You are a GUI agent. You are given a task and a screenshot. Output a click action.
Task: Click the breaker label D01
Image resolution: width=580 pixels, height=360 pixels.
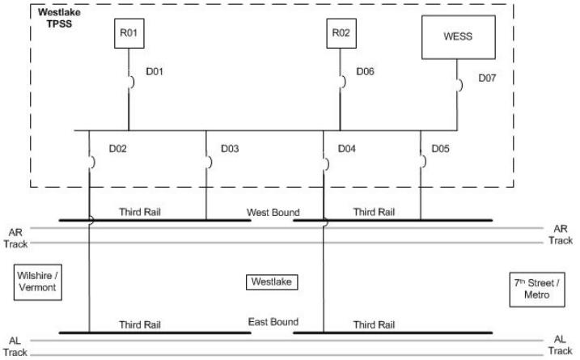(155, 72)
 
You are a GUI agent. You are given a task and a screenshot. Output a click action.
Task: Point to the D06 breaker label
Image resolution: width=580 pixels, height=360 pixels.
(366, 72)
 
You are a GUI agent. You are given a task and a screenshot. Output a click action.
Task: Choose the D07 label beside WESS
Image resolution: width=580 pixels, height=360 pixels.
(488, 78)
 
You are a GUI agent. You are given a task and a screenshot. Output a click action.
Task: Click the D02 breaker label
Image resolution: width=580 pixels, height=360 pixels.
(118, 150)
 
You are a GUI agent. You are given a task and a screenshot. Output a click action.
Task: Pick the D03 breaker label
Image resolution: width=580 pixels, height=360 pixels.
(230, 150)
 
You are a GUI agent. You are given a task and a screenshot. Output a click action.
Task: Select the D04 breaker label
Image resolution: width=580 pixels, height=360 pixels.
(348, 150)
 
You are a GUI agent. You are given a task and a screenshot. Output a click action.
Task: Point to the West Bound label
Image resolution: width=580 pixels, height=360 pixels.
(273, 213)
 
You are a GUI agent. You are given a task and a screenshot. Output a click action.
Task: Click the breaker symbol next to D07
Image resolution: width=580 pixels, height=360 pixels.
(460, 85)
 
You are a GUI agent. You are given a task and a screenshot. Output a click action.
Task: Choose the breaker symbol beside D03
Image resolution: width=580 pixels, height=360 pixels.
(208, 161)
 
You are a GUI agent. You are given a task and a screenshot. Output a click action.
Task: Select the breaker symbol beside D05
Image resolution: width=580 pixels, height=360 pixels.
(421, 161)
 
